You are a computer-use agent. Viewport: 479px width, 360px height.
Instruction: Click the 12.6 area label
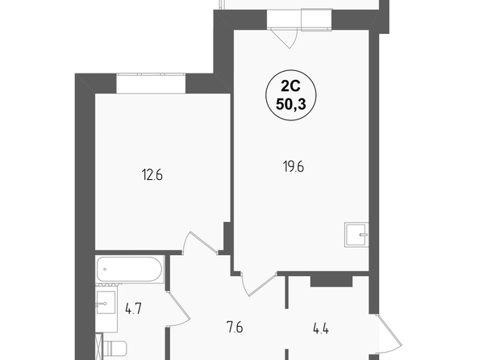pos(152,175)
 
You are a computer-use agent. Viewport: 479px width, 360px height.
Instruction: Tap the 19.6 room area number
pos(294,167)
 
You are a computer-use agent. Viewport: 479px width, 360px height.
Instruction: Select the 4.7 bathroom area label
pos(134,309)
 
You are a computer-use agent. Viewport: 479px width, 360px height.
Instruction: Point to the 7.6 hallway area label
pos(235,328)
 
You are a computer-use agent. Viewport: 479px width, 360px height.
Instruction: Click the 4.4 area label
pos(321,329)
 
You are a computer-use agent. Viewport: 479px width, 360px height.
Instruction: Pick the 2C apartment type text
pos(290,87)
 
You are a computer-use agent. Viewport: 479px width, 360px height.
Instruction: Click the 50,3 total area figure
pos(291,105)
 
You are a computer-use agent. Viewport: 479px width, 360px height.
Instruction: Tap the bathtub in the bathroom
pos(130,269)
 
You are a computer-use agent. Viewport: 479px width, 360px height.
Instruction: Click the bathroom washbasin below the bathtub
pos(106,303)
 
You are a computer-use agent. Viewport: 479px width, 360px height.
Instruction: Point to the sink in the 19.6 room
pos(356,235)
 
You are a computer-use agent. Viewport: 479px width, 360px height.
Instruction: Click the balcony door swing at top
pos(284,38)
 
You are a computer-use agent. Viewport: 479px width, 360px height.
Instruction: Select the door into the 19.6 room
pos(258,284)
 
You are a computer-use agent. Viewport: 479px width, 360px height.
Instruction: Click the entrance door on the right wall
pos(389,333)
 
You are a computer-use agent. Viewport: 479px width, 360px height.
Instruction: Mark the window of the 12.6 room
pos(151,83)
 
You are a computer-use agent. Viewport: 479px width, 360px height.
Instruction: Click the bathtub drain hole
pos(105,270)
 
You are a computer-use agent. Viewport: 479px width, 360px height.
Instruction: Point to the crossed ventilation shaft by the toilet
pos(99,346)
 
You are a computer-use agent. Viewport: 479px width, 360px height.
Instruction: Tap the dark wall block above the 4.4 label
pos(331,282)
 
